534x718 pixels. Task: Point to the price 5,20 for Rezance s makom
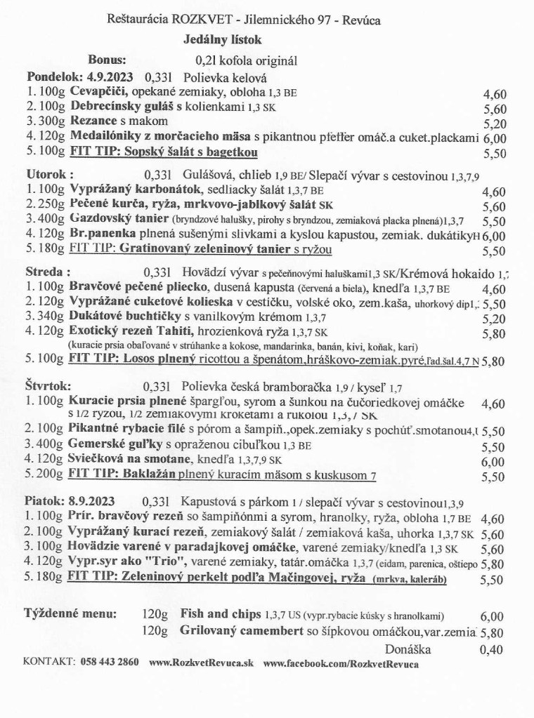pos(495,124)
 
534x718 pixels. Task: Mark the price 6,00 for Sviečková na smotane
pos(495,462)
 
